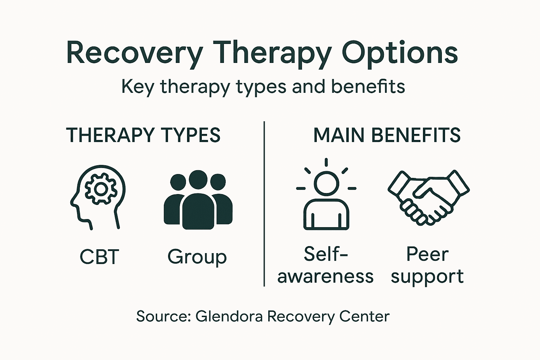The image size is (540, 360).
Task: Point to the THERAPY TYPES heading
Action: pos(143,135)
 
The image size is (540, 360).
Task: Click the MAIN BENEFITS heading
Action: pos(387,135)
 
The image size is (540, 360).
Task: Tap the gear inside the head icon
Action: pos(101,189)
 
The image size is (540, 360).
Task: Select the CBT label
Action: pos(99,257)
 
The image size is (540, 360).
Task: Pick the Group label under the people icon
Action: pos(197,257)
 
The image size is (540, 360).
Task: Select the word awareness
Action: pos(325,277)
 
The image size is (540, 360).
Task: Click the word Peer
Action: pos(427,254)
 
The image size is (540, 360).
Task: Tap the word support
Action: pos(427,277)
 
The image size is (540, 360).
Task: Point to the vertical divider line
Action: pos(264,204)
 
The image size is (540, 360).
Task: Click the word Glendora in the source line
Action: pos(229,316)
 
